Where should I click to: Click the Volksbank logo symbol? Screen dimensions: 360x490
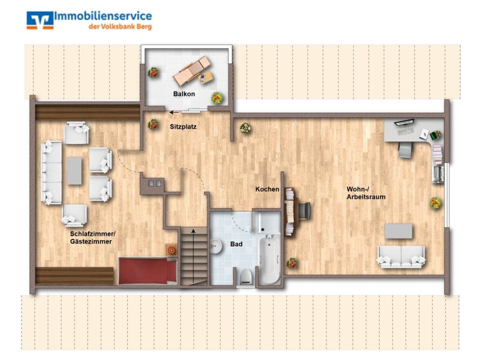[x=40, y=21]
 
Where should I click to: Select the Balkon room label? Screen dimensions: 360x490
[x=184, y=94]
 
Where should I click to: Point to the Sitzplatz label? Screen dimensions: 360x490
[x=183, y=127]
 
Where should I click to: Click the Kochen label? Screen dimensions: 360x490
[x=267, y=189]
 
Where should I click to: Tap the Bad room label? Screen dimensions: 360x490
[x=236, y=243]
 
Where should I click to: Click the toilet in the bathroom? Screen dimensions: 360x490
[x=245, y=278]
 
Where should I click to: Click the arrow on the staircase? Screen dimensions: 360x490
[x=195, y=255]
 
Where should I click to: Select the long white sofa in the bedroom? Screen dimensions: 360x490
[x=51, y=172]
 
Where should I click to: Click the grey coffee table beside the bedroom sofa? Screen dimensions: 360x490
[x=74, y=170]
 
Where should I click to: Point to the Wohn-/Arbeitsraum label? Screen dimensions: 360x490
[x=366, y=193]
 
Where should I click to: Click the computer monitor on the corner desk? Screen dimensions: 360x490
[x=404, y=122]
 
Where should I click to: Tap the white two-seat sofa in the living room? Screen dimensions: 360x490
[x=401, y=257]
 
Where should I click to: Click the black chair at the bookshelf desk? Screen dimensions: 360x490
[x=304, y=210]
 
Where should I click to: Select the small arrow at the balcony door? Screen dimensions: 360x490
[x=174, y=112]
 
